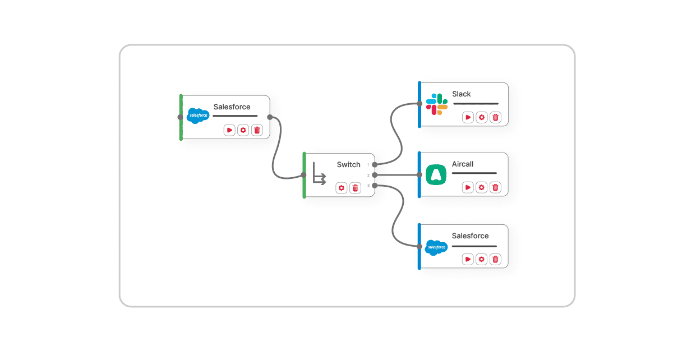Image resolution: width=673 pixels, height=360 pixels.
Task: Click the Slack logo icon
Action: [x=436, y=104]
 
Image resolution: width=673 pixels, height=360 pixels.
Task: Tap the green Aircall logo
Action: [x=436, y=175]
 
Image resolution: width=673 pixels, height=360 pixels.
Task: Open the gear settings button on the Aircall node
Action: [x=481, y=187]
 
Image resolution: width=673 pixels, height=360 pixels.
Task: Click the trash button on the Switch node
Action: [x=355, y=188]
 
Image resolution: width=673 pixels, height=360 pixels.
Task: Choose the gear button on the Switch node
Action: [x=342, y=188]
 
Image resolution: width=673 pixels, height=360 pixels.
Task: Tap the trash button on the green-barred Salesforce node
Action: [x=257, y=130]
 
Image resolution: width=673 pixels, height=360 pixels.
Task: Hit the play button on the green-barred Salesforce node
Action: [x=229, y=130]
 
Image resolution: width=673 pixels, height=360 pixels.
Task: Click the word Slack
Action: [x=462, y=94]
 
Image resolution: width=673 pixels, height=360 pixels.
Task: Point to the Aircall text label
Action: [x=463, y=164]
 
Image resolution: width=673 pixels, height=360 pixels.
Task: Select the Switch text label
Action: [x=348, y=164]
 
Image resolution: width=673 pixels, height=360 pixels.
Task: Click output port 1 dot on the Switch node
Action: [x=375, y=165]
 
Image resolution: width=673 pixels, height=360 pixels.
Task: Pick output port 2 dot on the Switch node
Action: [x=375, y=175]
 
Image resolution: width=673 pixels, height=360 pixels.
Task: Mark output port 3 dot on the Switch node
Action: [x=375, y=186]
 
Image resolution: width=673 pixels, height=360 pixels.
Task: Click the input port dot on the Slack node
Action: [x=420, y=104]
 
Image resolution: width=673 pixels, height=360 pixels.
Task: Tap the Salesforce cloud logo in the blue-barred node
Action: [x=436, y=247]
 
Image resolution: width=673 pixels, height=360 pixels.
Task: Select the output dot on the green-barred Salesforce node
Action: [x=270, y=117]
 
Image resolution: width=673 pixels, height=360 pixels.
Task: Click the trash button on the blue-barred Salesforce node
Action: [x=495, y=259]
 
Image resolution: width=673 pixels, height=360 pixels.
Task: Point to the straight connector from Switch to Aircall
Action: [x=397, y=175]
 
